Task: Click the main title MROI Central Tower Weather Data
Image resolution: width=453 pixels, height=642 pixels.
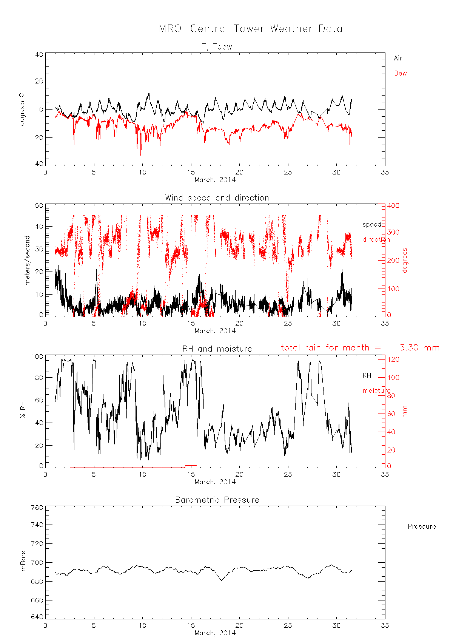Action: (250, 29)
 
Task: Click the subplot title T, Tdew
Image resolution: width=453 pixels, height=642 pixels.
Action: (217, 47)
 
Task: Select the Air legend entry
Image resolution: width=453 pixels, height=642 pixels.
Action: (398, 58)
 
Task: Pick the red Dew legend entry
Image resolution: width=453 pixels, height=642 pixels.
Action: (400, 73)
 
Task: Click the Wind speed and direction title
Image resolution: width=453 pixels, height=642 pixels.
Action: (217, 198)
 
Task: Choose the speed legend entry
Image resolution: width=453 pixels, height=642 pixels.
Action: (371, 224)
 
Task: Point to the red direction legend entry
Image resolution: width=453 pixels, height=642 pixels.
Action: (376, 239)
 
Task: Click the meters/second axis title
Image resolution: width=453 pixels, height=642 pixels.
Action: (27, 260)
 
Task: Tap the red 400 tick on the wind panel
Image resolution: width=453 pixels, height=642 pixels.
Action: (393, 206)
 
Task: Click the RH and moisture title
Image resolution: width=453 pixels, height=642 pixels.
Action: (217, 349)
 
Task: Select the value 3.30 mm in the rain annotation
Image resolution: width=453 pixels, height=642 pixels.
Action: (419, 348)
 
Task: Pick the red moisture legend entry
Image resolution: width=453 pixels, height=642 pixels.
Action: (376, 390)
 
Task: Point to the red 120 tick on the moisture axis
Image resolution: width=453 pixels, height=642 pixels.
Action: (393, 360)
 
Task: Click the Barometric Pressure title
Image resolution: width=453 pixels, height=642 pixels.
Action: (217, 500)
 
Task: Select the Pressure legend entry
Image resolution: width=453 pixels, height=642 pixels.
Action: (422, 526)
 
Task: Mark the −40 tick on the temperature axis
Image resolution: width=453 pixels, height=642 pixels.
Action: (39, 164)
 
